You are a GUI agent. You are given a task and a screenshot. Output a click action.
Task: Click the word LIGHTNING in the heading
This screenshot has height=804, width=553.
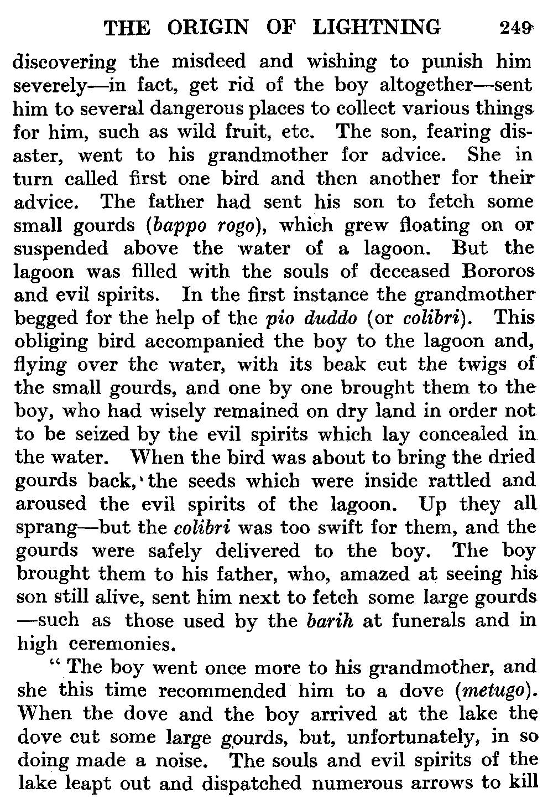[377, 27]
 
